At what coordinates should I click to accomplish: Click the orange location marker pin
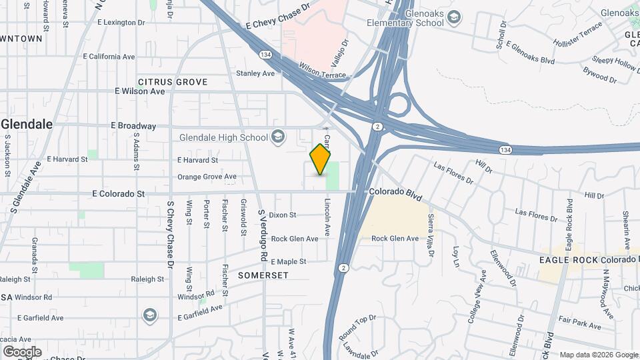[x=321, y=159]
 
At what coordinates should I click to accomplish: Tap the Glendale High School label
[x=223, y=138]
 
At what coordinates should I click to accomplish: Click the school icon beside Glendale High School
[x=278, y=138]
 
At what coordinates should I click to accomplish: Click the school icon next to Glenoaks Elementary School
[x=454, y=17]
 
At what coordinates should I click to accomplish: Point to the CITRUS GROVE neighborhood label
[x=173, y=82]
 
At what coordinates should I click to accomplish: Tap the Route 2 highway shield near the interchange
[x=378, y=127]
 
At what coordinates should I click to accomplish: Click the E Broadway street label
[x=135, y=126]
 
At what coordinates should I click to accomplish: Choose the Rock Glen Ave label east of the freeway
[x=395, y=239]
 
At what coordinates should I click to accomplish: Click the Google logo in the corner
[x=22, y=352]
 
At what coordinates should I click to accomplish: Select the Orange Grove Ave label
[x=207, y=177]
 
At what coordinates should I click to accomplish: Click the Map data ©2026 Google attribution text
[x=597, y=355]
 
